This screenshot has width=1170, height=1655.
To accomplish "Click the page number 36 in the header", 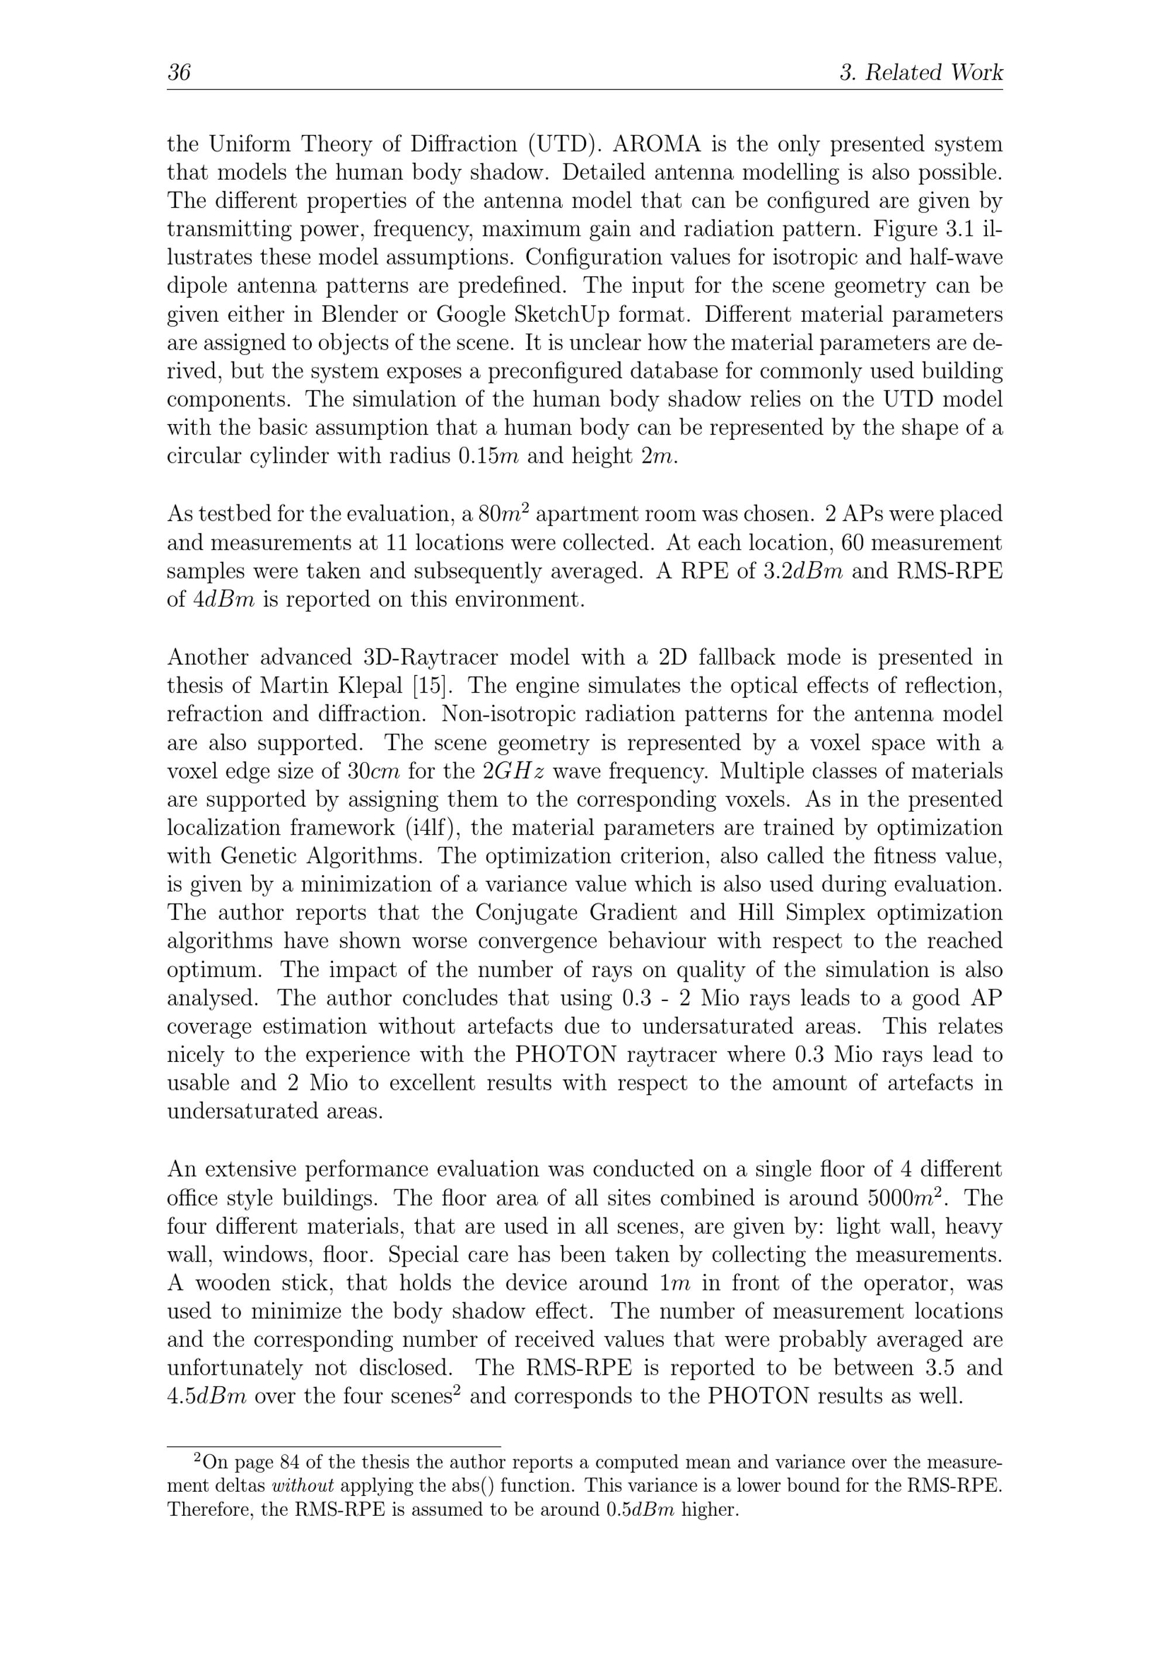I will click(x=179, y=73).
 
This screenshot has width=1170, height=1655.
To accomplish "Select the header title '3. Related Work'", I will click(x=921, y=73).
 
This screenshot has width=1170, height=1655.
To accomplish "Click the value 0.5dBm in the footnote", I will click(x=639, y=1509).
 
